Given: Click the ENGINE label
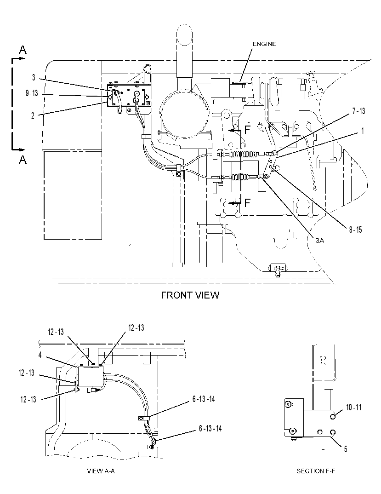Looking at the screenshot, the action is tap(264, 44).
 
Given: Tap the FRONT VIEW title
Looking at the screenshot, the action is tap(190, 295).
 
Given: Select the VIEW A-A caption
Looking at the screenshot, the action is tap(101, 471).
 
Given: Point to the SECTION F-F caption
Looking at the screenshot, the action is tap(316, 471).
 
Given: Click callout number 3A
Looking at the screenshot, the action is tap(320, 241).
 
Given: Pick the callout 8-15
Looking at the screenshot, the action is tap(356, 230).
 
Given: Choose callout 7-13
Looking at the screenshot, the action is tap(358, 111).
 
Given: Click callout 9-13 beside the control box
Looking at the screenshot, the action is tap(32, 93).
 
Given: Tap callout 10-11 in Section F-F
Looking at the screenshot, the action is tap(354, 408).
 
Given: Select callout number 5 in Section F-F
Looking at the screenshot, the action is tap(346, 449).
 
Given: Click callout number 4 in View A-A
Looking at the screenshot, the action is tap(40, 355).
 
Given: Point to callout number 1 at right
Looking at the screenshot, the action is tap(363, 131).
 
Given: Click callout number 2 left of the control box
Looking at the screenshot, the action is tap(33, 115).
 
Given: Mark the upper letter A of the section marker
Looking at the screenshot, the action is tap(23, 50).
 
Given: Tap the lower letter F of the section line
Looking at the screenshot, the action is tap(247, 202).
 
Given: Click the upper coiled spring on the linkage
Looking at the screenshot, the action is tap(245, 154).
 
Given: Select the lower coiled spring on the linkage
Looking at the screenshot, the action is tap(245, 177).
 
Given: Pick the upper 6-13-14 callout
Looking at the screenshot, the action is tap(204, 399).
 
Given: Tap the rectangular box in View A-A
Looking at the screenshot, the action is tap(91, 376).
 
